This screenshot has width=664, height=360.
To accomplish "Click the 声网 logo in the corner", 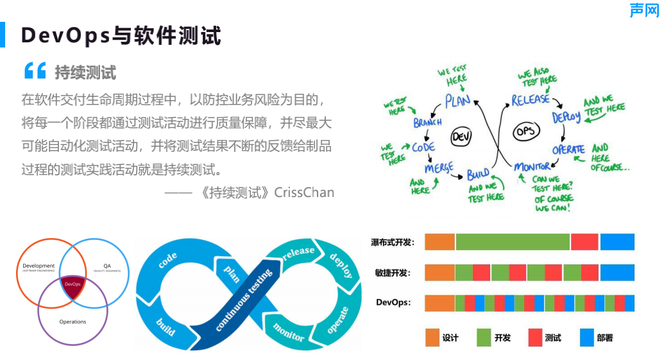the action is (x=643, y=10).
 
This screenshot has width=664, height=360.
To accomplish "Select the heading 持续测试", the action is (x=85, y=72).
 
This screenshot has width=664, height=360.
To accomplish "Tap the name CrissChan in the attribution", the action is (x=304, y=192).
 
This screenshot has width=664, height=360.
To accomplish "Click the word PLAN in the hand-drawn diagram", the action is (x=458, y=101).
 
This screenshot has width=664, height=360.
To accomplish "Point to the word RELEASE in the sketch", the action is (x=531, y=99).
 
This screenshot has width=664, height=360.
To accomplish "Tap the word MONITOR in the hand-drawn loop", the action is (x=532, y=167).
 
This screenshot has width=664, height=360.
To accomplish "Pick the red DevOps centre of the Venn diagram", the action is (x=72, y=284).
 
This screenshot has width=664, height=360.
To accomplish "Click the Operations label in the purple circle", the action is (x=72, y=321).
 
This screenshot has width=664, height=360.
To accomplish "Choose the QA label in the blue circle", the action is (x=107, y=266).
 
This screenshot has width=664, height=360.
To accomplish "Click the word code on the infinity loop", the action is (x=167, y=261).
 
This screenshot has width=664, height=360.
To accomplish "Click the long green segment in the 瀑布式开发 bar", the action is (x=513, y=242).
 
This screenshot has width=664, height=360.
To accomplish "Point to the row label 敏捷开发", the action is (x=393, y=273).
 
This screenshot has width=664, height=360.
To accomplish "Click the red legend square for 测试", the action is (x=535, y=338).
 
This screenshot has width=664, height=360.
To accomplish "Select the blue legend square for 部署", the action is (x=586, y=338).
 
